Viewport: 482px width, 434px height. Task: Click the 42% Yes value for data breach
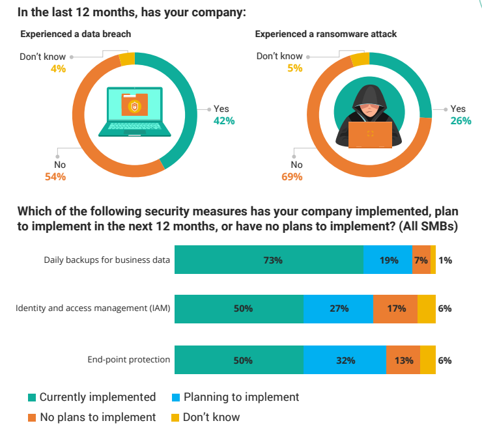pos(224,121)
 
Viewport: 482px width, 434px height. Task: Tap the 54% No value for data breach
pos(55,176)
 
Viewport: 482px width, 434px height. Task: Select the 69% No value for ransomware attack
pos(292,176)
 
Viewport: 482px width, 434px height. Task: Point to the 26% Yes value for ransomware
pos(461,121)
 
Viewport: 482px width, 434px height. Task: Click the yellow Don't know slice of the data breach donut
pos(127,59)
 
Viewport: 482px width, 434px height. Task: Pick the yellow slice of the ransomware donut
pos(360,59)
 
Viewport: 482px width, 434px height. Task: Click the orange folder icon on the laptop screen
pos(135,104)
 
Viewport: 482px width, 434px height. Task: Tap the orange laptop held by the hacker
pos(370,135)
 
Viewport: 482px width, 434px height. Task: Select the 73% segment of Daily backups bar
pos(269,260)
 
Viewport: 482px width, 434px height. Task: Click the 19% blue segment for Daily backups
pos(388,260)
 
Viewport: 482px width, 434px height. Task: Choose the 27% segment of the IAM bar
pos(339,309)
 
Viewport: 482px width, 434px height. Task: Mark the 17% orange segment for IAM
pos(395,309)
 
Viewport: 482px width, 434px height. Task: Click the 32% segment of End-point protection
pos(345,360)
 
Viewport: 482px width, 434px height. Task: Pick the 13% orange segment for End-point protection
pos(403,360)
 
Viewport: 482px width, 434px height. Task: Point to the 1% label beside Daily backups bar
pos(445,260)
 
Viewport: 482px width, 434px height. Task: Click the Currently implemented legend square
pos(32,398)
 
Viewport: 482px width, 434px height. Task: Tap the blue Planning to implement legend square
pos(176,398)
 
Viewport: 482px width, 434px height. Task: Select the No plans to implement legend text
pos(98,417)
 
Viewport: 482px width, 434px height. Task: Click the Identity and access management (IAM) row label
pos(93,308)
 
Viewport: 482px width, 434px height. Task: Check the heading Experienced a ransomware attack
pos(326,34)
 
